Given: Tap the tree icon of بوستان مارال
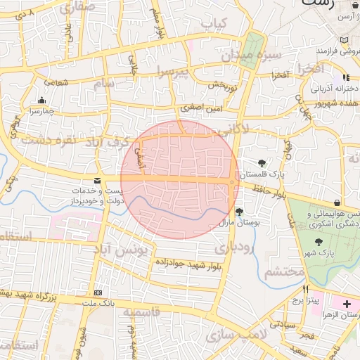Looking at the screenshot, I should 239,211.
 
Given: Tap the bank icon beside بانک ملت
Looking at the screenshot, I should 97,292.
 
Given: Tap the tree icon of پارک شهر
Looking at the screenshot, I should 319,241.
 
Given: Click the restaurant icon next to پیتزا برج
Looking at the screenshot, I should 305,289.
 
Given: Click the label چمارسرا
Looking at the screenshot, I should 41,111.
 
